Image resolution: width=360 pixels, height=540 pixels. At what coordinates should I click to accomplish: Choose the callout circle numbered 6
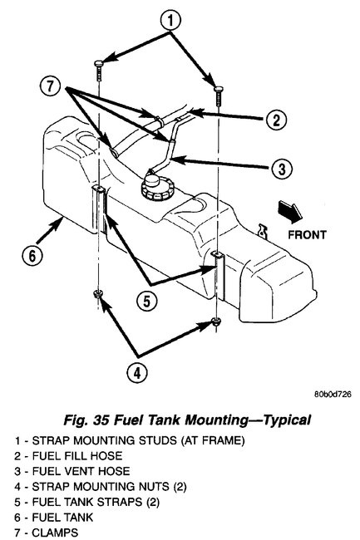click(x=30, y=256)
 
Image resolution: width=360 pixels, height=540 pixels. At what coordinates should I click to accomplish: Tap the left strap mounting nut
click(x=100, y=295)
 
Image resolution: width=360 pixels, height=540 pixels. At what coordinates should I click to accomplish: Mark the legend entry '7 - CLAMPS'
click(x=34, y=531)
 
